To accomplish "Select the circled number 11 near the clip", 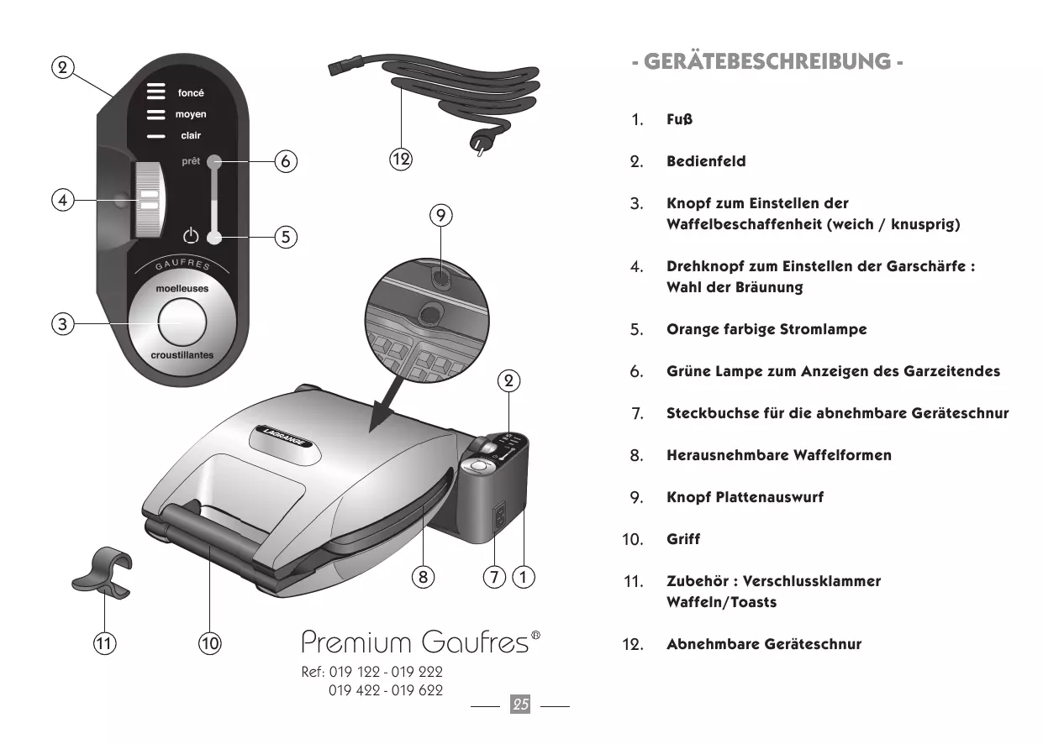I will point(104,644).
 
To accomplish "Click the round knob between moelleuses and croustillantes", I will point(182,322).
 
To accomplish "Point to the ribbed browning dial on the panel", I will point(149,200).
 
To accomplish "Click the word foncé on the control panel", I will point(191,93).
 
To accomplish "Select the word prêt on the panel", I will point(191,162).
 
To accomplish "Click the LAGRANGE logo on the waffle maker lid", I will point(285,438).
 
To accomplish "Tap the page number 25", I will point(521,705).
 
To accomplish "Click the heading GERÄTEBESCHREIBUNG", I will point(768,61).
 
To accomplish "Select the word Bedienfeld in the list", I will point(706,161).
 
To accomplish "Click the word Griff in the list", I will point(682,539).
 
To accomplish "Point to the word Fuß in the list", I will point(679,119).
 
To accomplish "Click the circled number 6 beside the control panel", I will point(286,161).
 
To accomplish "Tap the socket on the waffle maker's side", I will point(498,515).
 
